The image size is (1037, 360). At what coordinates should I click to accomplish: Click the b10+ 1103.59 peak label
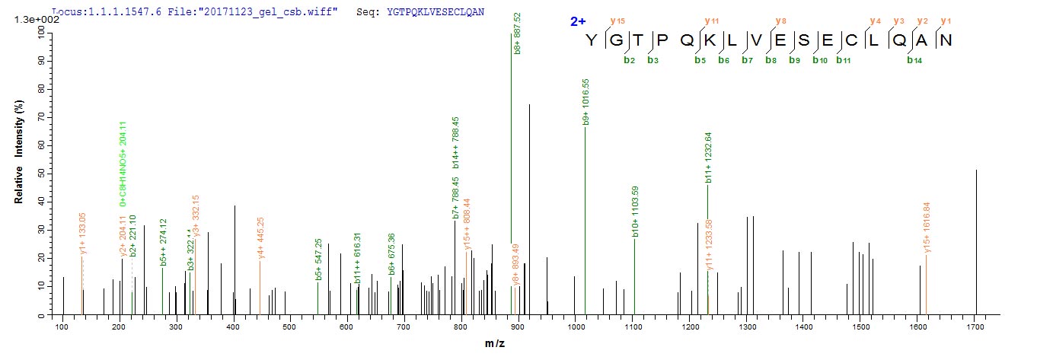[635, 211]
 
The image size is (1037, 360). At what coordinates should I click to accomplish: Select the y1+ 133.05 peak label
[83, 234]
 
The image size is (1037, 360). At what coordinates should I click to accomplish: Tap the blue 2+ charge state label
[577, 22]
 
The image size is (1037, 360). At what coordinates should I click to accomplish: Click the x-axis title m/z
[496, 345]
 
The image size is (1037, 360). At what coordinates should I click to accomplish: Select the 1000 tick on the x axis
[576, 327]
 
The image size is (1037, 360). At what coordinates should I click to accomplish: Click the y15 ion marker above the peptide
[614, 21]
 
